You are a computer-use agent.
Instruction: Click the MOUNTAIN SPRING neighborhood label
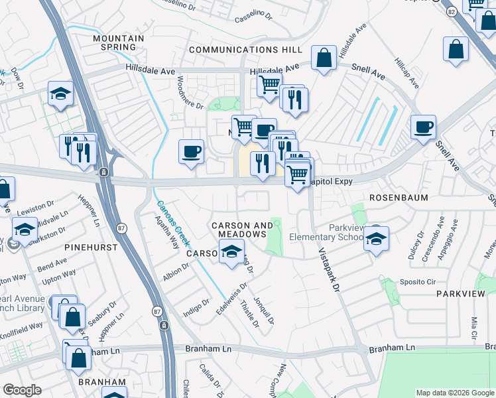pyautogui.click(x=119, y=42)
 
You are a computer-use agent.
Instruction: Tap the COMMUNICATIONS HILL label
pyautogui.click(x=245, y=50)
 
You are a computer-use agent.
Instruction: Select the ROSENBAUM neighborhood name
pyautogui.click(x=399, y=198)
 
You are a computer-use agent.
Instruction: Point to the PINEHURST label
pyautogui.click(x=91, y=247)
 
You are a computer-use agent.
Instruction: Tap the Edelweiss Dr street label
pyautogui.click(x=233, y=299)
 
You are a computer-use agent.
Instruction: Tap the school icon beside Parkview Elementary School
pyautogui.click(x=376, y=239)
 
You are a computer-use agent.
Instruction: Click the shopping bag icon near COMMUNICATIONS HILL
pyautogui.click(x=324, y=58)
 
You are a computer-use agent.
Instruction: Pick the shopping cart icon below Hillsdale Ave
pyautogui.click(x=269, y=85)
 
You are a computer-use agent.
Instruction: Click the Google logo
pyautogui.click(x=23, y=390)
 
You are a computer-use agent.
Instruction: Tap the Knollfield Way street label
pyautogui.click(x=21, y=326)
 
